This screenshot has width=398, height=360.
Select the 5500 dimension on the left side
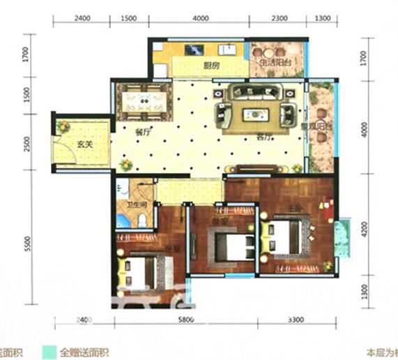click(26, 243)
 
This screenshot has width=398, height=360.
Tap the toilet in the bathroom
click(142, 221)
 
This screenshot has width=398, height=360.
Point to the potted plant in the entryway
click(63, 126)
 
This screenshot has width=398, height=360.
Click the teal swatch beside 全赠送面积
click(47, 353)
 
